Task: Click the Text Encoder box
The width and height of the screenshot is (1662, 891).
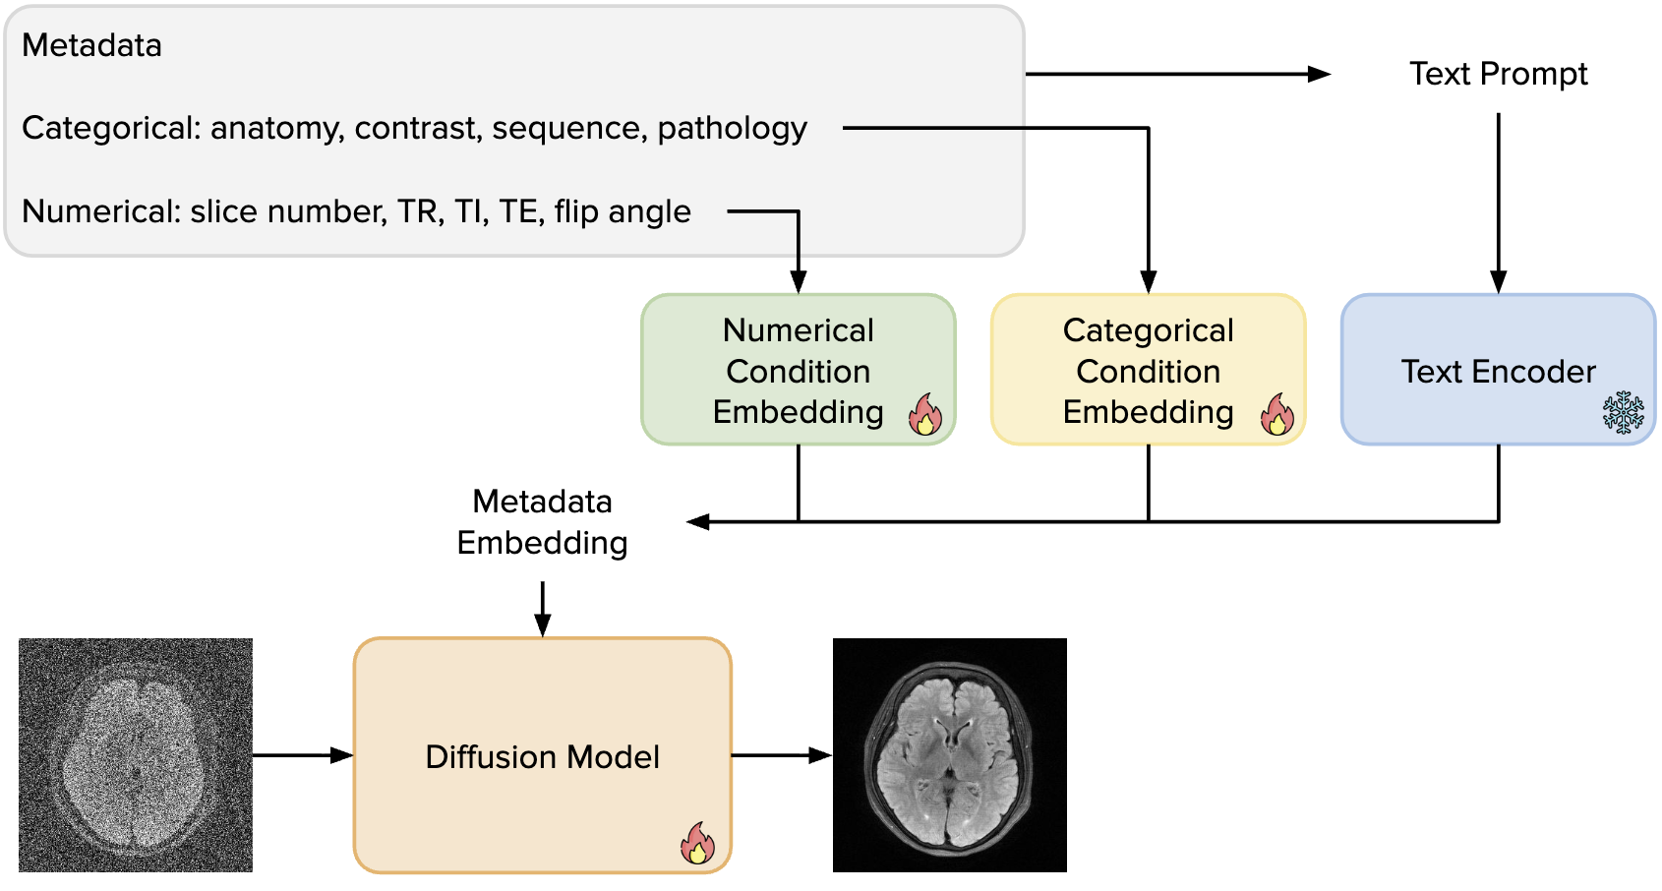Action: [1498, 370]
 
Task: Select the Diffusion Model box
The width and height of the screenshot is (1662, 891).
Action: [542, 755]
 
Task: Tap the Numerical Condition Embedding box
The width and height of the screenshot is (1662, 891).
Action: [798, 370]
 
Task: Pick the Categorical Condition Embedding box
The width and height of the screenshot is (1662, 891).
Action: [1148, 370]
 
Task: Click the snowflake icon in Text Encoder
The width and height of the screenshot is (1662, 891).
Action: [1623, 413]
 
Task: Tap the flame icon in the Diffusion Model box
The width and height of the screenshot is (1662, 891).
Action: [698, 844]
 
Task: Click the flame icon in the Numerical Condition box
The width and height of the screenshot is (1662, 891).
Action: [924, 415]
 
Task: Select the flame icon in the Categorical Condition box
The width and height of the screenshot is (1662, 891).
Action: [1276, 415]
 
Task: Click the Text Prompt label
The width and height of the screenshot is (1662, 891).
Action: [1498, 74]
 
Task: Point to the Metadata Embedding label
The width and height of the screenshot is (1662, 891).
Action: [542, 522]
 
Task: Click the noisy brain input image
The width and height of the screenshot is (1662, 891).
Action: [136, 755]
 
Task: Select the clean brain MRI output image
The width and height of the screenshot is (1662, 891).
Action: [949, 755]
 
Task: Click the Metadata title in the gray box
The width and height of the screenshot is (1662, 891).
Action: [91, 45]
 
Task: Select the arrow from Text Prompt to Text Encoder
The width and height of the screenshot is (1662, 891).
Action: [1498, 202]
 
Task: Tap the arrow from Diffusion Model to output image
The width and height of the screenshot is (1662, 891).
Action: [781, 755]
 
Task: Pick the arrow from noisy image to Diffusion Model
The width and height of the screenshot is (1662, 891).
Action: [302, 755]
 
